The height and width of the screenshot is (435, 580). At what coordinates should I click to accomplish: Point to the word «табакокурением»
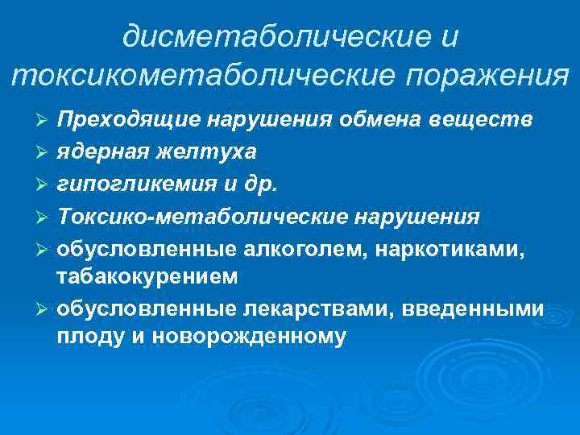click(147, 277)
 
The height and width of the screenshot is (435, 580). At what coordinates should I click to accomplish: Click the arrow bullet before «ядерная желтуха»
click(45, 152)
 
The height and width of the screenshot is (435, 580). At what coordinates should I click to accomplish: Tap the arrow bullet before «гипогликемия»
click(45, 184)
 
